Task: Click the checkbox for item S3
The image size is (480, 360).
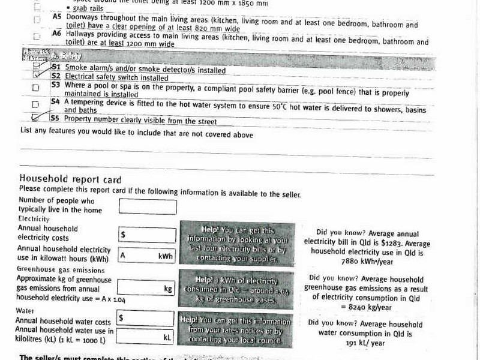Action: click(36, 88)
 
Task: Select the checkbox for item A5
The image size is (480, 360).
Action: click(37, 20)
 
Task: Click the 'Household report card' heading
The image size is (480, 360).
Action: click(70, 179)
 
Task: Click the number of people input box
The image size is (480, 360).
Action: click(148, 206)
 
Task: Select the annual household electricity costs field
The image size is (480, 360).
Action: click(148, 235)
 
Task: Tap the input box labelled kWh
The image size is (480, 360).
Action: click(148, 255)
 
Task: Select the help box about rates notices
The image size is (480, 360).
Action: click(239, 331)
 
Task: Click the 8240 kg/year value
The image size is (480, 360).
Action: click(370, 307)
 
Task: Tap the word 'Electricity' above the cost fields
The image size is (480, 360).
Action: click(34, 219)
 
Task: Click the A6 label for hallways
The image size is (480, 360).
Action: click(56, 34)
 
